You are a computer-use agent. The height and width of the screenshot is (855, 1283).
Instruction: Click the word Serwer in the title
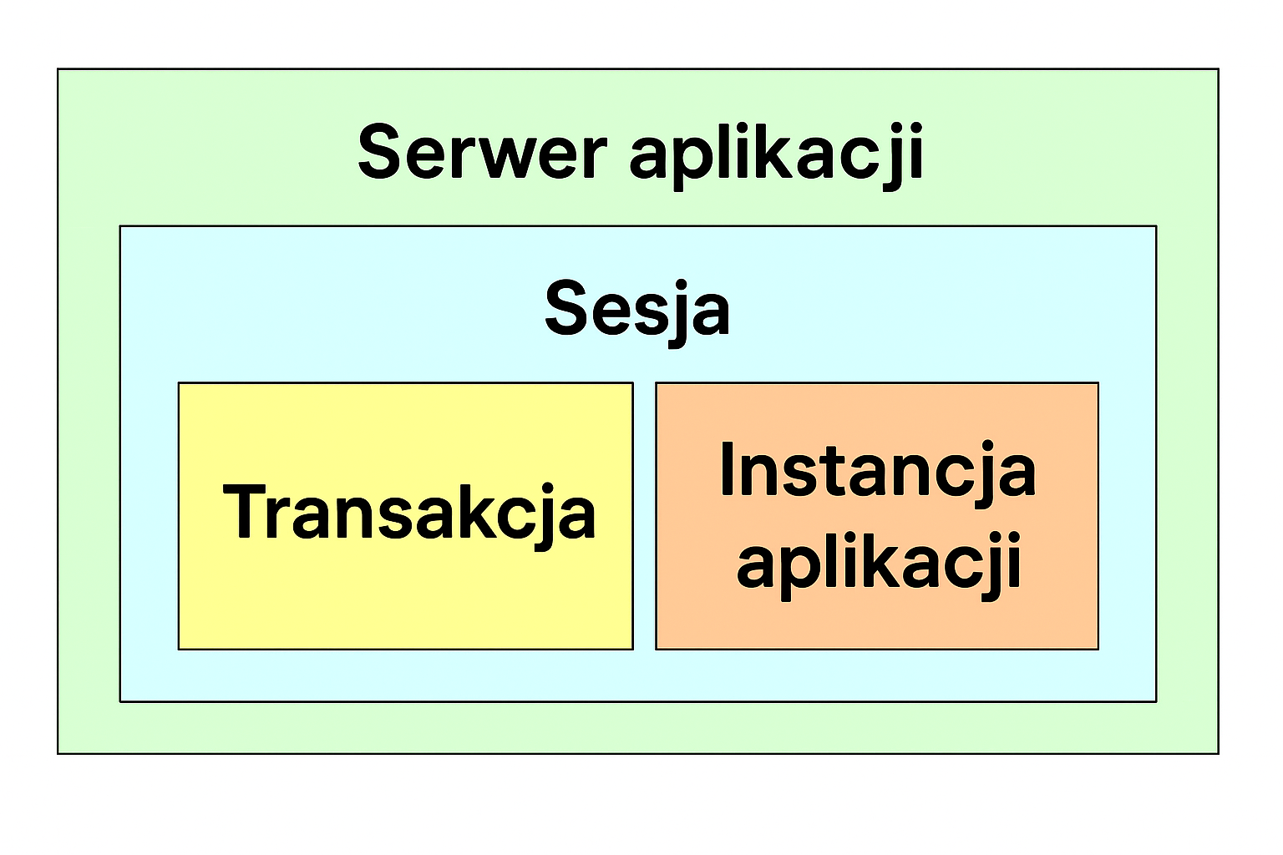tap(482, 152)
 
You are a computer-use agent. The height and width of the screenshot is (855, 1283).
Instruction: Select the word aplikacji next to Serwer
tap(777, 156)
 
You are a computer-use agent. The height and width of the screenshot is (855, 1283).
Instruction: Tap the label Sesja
tap(637, 312)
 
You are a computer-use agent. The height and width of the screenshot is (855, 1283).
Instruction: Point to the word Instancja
tap(878, 469)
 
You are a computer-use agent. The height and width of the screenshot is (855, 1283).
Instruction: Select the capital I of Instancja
tap(727, 468)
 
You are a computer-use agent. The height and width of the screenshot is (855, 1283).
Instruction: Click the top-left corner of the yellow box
tap(179, 382)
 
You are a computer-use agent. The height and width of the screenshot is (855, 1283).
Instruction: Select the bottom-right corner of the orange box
tap(1098, 650)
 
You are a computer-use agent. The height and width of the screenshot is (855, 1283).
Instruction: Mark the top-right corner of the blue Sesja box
tap(1156, 226)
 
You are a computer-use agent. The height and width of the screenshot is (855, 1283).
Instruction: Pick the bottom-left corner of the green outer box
tap(58, 754)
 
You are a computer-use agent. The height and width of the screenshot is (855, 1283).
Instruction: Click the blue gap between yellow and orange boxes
tap(644, 515)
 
